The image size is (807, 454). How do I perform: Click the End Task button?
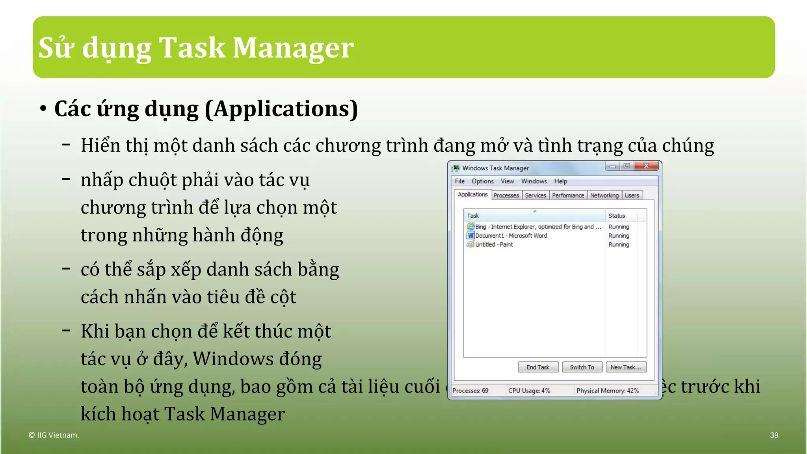[538, 367]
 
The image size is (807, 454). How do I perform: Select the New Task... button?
[625, 367]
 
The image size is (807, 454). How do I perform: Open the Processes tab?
[506, 195]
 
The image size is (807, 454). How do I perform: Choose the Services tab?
[536, 195]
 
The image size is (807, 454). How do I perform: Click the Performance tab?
[568, 195]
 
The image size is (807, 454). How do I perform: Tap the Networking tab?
[604, 195]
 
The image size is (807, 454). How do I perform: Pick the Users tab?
[632, 195]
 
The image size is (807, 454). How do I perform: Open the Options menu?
[482, 181]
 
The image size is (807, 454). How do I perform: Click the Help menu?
[560, 181]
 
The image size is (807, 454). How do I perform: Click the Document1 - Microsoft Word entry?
[511, 236]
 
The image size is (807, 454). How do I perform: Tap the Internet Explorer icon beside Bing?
[470, 227]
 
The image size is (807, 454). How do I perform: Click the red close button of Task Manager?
[646, 166]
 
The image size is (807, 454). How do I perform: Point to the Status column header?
[617, 216]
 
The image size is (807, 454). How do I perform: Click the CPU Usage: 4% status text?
[529, 391]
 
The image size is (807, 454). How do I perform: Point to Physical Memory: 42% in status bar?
[607, 391]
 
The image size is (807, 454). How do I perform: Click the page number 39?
[774, 435]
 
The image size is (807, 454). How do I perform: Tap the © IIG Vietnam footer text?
[54, 435]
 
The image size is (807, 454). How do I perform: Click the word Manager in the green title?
[293, 48]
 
